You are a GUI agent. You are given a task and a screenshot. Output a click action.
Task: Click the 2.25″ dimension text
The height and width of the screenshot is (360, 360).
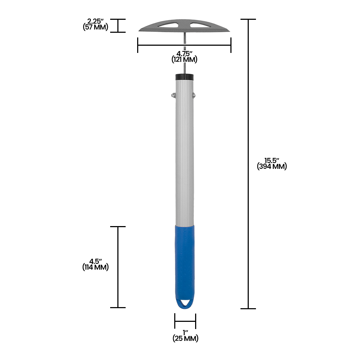point(95,21)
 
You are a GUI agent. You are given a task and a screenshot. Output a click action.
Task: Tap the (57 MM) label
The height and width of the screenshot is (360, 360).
point(95,27)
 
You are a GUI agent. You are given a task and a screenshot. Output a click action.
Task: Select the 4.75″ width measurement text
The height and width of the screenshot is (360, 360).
point(184,54)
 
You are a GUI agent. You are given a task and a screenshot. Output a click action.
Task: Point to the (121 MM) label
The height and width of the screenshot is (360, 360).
point(184,60)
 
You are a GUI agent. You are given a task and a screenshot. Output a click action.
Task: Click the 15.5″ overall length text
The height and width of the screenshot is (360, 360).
point(272,161)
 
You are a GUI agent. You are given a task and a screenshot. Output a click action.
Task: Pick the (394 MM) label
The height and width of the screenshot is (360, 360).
point(272,167)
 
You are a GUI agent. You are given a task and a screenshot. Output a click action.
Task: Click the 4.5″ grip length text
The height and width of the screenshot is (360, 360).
point(95,261)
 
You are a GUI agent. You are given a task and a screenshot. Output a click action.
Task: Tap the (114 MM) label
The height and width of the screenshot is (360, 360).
point(95,267)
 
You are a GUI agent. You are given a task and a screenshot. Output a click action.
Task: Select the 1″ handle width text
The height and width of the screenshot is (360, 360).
point(185,332)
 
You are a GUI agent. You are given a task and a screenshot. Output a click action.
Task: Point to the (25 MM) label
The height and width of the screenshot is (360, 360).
point(185,338)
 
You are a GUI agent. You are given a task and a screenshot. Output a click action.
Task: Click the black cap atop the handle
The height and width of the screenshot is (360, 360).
point(184,77)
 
